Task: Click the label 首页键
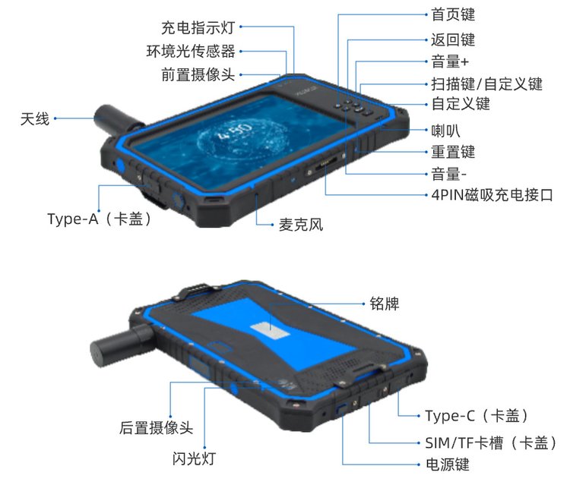pos(453,14)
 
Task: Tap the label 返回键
pos(453,39)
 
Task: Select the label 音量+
pos(450,61)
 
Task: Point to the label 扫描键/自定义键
pos(486,84)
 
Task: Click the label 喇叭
pos(445,131)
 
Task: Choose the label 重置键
pos(453,152)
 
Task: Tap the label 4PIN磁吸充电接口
pos(492,195)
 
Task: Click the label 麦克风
pos(301,225)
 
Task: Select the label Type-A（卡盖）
pos(99,219)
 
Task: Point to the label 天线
pos(35,118)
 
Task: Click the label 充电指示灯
pos(198,27)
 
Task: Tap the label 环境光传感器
pos(191,51)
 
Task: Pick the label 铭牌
pos(385,304)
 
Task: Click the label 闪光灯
pos(194,458)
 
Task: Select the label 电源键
pos(448,464)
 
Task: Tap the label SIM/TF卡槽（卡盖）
pos(491,443)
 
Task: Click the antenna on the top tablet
pos(116,119)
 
